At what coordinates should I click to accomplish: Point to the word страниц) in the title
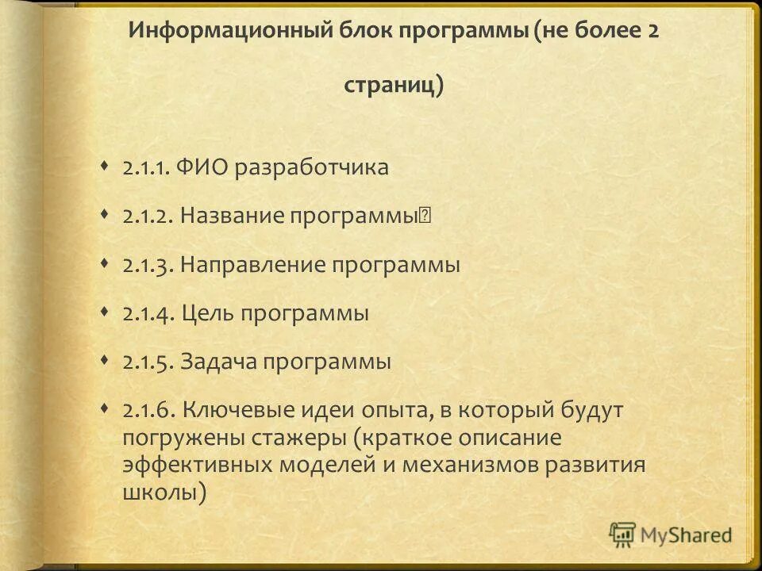pyautogui.click(x=394, y=86)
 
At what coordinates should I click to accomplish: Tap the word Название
pyautogui.click(x=231, y=217)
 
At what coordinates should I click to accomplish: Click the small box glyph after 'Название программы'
pyautogui.click(x=425, y=216)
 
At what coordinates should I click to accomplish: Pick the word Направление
pyautogui.click(x=252, y=265)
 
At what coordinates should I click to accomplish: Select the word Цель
pyautogui.click(x=209, y=314)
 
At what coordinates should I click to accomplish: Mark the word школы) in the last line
pyautogui.click(x=165, y=492)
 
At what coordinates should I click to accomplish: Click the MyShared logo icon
pyautogui.click(x=623, y=535)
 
